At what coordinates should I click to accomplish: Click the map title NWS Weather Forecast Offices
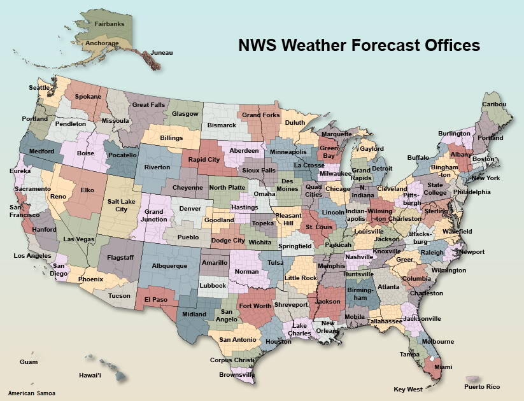click(358, 45)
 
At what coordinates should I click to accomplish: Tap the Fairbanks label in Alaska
click(110, 24)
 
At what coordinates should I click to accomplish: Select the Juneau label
click(162, 53)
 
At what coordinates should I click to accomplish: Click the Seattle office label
click(39, 88)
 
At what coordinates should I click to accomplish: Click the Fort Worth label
click(254, 306)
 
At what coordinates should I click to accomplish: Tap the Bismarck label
click(222, 125)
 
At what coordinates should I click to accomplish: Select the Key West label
click(407, 389)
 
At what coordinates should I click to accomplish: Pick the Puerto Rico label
click(482, 387)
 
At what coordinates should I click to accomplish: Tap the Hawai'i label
click(90, 376)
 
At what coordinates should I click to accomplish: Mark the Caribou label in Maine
click(493, 104)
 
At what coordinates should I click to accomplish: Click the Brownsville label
click(236, 375)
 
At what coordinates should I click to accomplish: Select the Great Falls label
click(148, 105)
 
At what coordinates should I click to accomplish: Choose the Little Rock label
click(301, 278)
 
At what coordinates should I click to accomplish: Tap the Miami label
click(443, 367)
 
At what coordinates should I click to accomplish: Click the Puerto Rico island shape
click(473, 379)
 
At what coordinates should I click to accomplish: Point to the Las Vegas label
click(79, 239)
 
